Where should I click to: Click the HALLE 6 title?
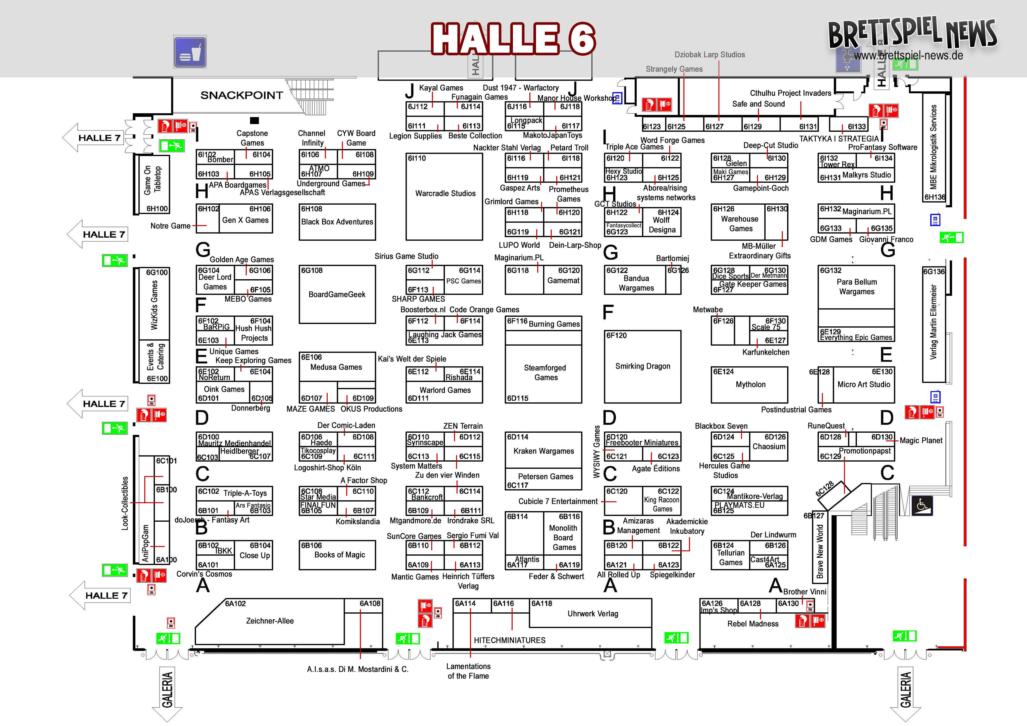pos(513,39)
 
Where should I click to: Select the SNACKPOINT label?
pos(242,95)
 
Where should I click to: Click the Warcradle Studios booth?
pos(445,193)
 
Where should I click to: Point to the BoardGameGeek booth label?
pos(337,294)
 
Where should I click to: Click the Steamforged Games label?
pos(545,372)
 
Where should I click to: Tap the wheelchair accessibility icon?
pos(922,505)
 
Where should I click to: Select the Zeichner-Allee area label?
pos(270,621)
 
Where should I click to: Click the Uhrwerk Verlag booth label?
pos(593,614)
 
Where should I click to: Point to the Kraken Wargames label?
pos(543,451)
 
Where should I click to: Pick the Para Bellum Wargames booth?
pos(857,287)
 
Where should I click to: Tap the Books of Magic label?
pos(340,555)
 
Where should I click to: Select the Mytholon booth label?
pos(751,384)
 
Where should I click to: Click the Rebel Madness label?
pos(753,624)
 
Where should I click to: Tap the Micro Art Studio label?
pos(864,384)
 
